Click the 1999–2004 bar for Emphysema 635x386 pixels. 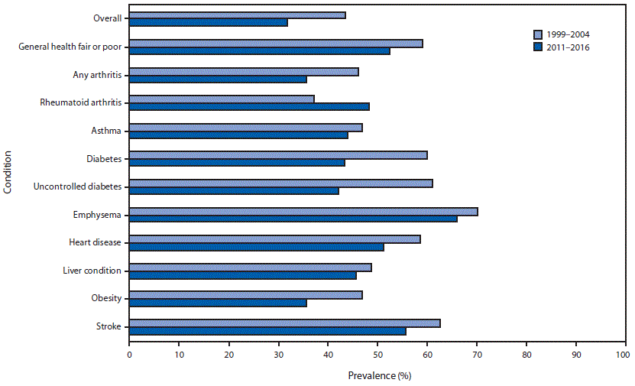tap(303, 211)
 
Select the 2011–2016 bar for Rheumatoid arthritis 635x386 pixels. tap(249, 106)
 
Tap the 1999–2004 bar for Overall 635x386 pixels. tap(237, 15)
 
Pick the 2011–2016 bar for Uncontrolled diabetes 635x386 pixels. tap(234, 190)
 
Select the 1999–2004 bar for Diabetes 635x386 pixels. tap(278, 155)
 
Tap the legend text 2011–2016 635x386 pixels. tap(569, 47)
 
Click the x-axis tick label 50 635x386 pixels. tap(377, 355)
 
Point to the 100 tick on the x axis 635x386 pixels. tap(626, 355)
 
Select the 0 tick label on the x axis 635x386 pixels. tap(129, 355)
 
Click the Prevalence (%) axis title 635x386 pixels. tap(380, 375)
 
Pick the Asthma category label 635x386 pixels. tap(108, 130)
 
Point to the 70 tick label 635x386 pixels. tap(477, 355)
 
